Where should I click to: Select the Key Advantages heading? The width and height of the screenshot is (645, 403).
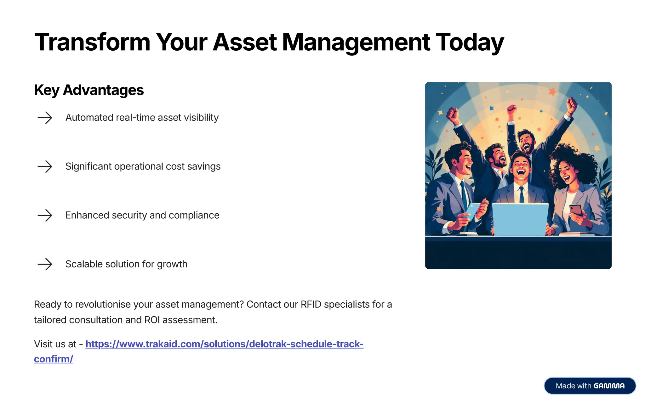point(89,90)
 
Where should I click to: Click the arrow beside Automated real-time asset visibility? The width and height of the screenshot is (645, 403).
point(45,118)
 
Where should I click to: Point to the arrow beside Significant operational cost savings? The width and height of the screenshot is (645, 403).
point(45,166)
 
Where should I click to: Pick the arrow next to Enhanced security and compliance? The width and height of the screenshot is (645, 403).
point(45,215)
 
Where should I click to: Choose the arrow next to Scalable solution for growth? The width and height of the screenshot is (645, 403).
point(45,264)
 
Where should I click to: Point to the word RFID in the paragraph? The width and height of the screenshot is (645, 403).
point(311,305)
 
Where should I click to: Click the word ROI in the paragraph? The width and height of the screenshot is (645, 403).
point(152,320)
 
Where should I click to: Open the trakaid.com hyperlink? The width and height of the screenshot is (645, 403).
point(224,344)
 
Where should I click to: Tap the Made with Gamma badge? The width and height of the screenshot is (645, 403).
point(590,386)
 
